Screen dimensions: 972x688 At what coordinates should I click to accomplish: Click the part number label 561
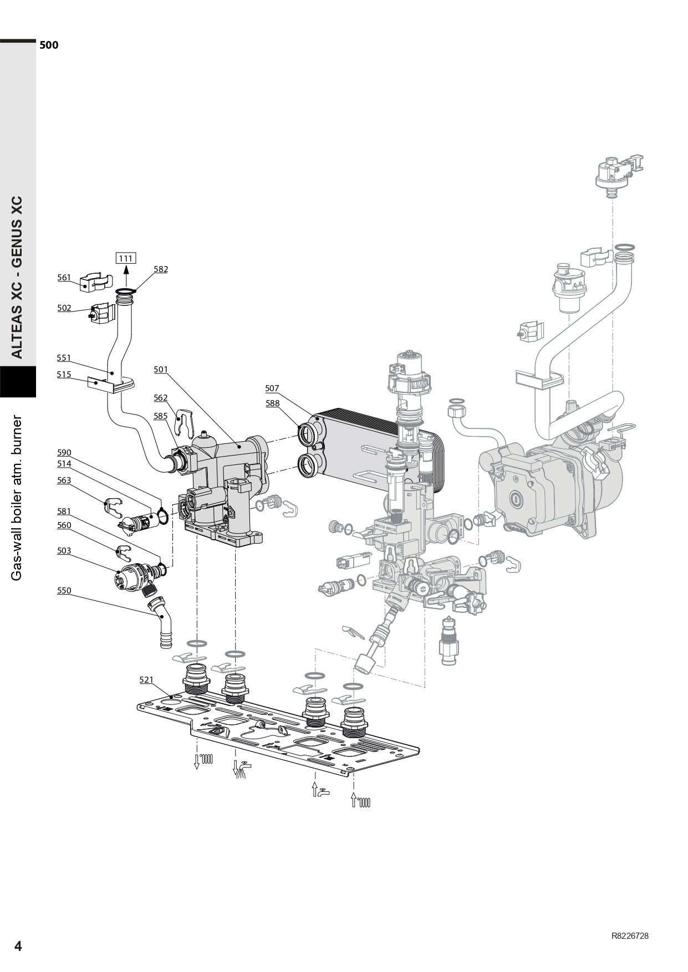coord(64,278)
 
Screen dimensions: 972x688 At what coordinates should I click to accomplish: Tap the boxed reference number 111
coord(126,258)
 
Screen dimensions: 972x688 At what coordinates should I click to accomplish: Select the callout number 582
coord(161,269)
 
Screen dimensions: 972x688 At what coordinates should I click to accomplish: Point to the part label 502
coord(64,308)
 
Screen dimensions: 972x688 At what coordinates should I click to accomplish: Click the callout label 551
coord(64,358)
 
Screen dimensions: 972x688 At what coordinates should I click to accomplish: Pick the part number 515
coord(64,375)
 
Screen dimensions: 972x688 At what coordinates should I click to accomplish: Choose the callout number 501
coord(161,369)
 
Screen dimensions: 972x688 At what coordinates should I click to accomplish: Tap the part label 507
coord(272,388)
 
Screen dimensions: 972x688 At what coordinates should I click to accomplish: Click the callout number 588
coord(272,403)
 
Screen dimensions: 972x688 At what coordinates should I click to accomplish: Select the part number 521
coord(146,679)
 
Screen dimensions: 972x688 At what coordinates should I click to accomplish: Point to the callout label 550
coord(64,591)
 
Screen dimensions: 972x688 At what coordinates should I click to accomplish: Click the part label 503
coord(64,551)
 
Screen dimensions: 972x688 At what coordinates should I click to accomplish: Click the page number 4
coord(18,947)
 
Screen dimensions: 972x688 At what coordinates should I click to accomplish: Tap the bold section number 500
coord(49,45)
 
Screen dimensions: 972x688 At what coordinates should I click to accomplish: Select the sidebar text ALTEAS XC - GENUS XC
coord(18,277)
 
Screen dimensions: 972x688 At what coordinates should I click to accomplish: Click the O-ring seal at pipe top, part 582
coord(126,291)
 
